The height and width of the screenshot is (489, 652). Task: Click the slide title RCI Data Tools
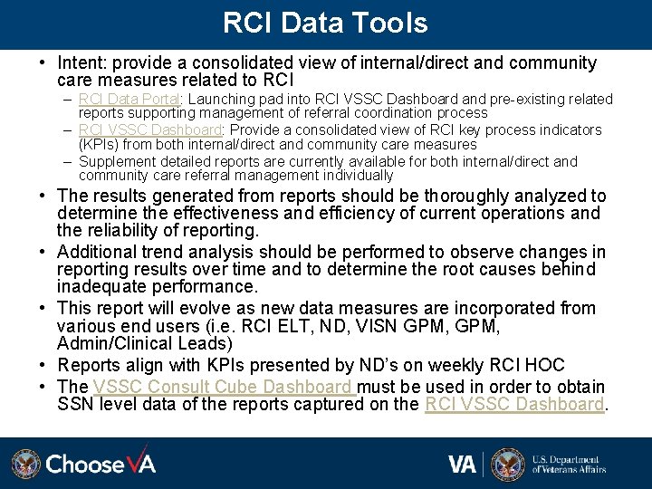tap(325, 23)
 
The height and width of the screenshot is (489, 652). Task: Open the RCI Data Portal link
tap(130, 99)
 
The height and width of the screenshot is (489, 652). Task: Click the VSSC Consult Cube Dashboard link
tap(223, 387)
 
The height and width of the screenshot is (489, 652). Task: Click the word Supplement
tap(116, 161)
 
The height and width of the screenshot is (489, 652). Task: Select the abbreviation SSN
tap(76, 404)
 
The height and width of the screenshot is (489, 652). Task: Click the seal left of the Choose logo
tap(25, 464)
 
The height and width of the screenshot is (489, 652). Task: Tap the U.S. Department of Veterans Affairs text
tap(569, 465)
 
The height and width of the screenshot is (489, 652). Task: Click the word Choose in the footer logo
tap(85, 465)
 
